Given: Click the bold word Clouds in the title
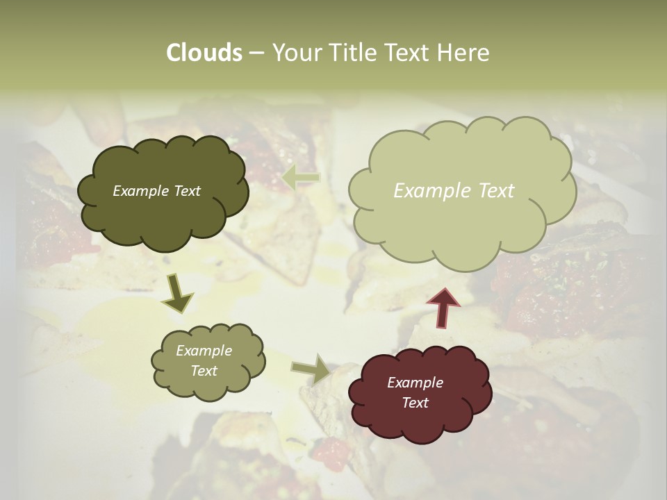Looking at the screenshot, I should tap(204, 53).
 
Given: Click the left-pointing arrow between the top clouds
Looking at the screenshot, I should tap(300, 178).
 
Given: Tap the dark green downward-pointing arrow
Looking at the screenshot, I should tap(177, 293).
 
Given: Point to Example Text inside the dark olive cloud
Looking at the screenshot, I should tap(156, 191).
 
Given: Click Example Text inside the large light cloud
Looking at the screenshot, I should tap(454, 191).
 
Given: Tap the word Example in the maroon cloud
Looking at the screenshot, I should tap(415, 383).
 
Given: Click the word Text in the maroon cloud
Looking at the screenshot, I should tap(415, 403).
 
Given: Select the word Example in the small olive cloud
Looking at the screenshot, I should tap(204, 351).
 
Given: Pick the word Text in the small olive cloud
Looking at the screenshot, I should tap(204, 371).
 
